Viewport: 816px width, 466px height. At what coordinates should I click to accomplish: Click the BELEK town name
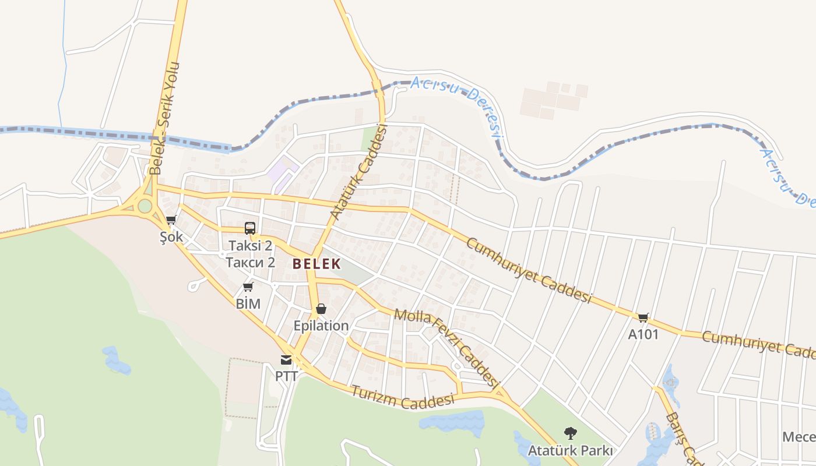(316, 264)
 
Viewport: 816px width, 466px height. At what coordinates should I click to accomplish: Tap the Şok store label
(171, 237)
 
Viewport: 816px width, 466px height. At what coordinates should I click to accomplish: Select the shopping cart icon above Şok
(171, 220)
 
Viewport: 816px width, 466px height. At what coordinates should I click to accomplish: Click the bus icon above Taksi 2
(250, 228)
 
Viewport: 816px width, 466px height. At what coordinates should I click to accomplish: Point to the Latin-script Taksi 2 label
(251, 246)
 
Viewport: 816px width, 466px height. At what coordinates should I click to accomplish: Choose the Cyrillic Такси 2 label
(251, 262)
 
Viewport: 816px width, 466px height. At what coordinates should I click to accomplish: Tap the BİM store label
(248, 303)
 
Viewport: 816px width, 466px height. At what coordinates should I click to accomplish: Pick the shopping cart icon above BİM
(248, 287)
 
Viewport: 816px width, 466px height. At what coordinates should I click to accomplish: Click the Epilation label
(321, 326)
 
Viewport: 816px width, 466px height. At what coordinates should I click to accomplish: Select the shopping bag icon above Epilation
(321, 309)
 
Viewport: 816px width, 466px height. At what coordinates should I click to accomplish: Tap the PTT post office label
(286, 376)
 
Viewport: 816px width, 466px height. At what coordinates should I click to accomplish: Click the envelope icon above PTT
(286, 360)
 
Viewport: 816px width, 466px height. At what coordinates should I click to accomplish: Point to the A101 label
(643, 334)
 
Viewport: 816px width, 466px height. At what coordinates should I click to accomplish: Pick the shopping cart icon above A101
(643, 317)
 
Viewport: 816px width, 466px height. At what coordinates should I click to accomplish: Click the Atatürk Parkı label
(570, 450)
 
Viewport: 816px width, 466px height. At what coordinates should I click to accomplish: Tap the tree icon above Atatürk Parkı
(570, 433)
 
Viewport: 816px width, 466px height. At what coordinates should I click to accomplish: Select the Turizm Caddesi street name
(402, 397)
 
